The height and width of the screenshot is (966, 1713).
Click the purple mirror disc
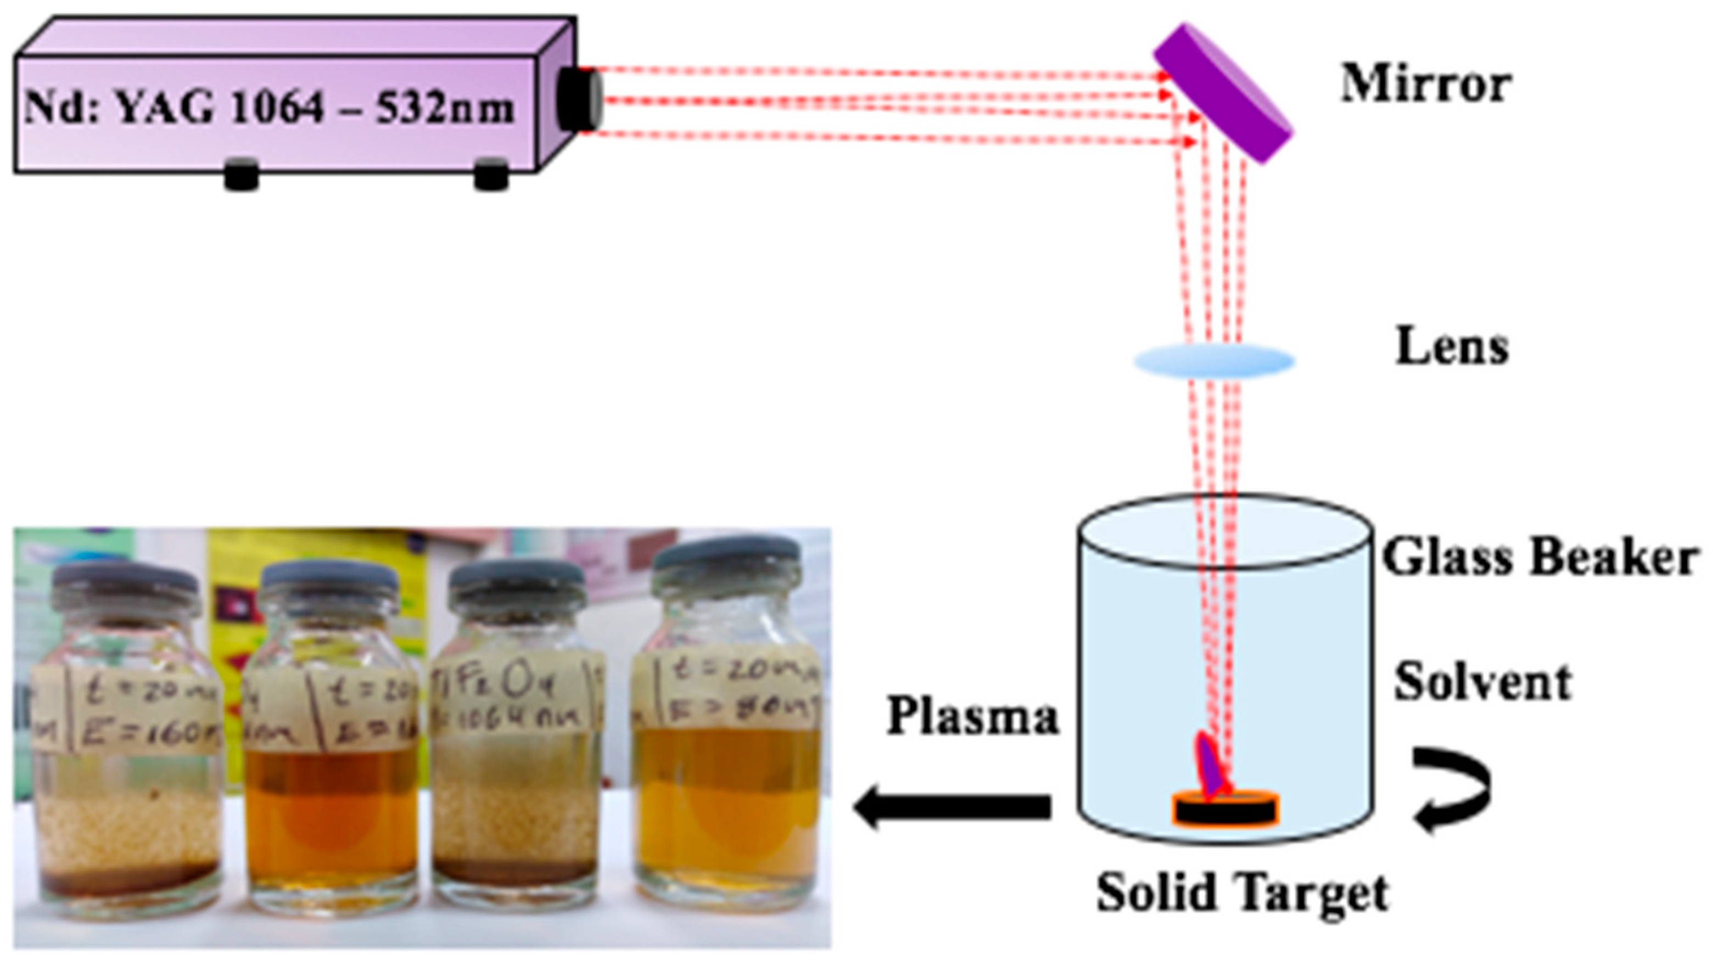coord(1222,94)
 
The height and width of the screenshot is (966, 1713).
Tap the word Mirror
coord(1425,85)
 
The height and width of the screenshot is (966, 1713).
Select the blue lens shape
coord(1213,361)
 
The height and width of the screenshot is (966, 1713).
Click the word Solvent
coord(1482,683)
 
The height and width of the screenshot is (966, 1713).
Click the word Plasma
coord(972,717)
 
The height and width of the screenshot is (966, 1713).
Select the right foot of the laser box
coord(491,175)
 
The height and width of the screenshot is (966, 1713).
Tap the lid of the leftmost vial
coord(125,585)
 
